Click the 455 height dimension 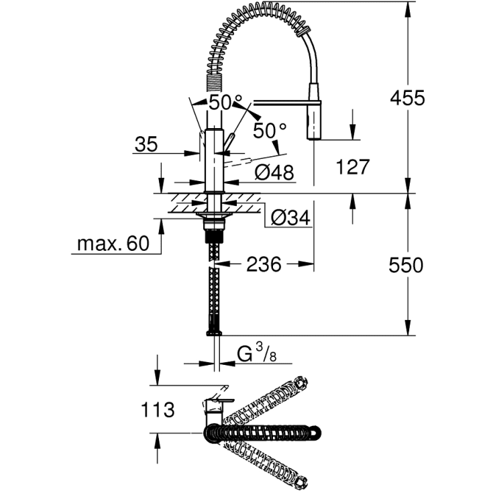[x=408, y=98]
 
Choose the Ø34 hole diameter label [x=290, y=217]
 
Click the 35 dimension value [x=147, y=144]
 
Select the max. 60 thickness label [x=112, y=244]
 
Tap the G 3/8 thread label [x=256, y=353]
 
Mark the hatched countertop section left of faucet [x=181, y=204]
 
